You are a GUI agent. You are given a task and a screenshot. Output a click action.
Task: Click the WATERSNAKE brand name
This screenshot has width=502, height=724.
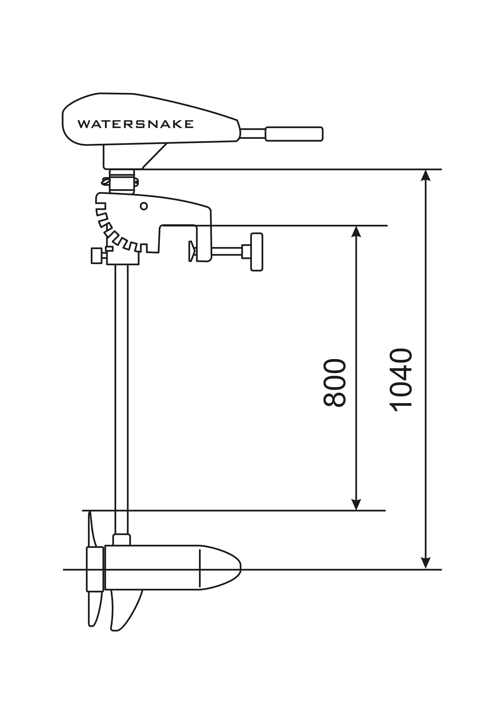pos(136,124)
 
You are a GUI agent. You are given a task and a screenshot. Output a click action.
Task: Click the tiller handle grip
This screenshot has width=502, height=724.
pos(294,134)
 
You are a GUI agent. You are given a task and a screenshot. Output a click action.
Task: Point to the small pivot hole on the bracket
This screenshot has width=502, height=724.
pos(144,206)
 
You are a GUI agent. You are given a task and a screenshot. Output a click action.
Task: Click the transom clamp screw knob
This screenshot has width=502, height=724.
pos(257,252)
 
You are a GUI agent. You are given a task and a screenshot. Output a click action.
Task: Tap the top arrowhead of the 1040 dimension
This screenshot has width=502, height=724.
pos(426,175)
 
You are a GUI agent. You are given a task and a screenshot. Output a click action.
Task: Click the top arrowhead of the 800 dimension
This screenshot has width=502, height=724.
pos(356,232)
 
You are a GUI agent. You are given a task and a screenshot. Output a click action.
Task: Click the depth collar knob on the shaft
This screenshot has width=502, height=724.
pos(97,256)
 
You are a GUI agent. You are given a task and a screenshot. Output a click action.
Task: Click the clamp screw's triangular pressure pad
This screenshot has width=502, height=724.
pos(192,251)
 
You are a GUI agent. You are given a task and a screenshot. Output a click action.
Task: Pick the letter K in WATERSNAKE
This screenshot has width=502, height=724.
pos(178,124)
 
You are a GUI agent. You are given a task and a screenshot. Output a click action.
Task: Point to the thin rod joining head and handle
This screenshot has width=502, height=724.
pos(253,133)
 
